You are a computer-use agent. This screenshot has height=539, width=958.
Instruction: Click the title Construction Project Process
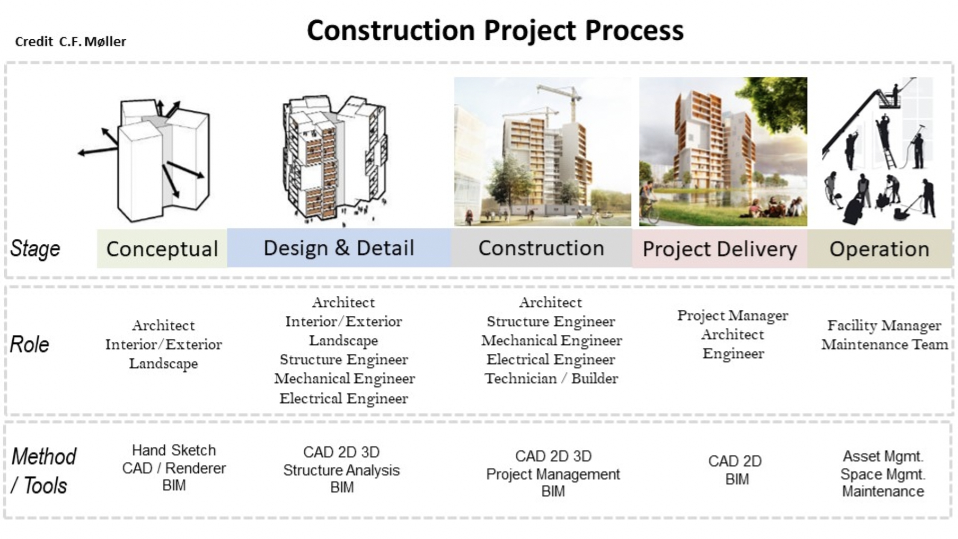(495, 31)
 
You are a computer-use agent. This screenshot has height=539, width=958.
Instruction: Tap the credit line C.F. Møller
(71, 42)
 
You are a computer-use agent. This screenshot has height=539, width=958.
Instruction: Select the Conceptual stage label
(162, 249)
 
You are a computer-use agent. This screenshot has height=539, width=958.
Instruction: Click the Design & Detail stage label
(339, 248)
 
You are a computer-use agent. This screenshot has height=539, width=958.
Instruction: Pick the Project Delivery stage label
(719, 249)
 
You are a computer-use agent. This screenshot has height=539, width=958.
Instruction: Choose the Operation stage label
(879, 249)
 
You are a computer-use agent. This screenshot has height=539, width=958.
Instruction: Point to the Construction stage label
(541, 248)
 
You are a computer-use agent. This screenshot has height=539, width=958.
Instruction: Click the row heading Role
(29, 344)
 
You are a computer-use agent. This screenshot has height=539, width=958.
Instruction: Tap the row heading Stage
(35, 249)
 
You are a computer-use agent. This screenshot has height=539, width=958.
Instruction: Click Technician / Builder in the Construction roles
(551, 378)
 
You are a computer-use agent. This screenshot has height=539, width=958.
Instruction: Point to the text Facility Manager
(884, 325)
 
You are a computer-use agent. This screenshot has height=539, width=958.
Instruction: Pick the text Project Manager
(733, 315)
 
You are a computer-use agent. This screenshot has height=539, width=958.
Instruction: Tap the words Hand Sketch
(174, 450)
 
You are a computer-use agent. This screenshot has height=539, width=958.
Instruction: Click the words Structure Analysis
(341, 470)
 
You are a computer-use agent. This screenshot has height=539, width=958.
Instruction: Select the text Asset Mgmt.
(883, 456)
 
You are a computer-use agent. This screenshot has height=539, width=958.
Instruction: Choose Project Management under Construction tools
(553, 474)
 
